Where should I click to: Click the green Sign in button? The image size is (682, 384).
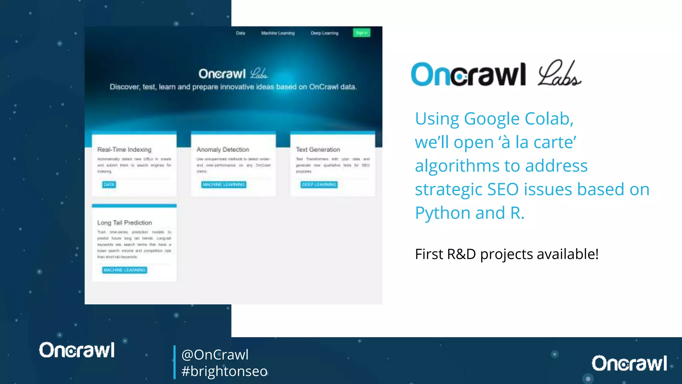click(x=361, y=33)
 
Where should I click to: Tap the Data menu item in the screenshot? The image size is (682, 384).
click(x=240, y=33)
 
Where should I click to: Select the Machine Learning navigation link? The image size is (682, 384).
click(x=278, y=33)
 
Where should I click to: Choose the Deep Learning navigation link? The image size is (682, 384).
click(x=324, y=33)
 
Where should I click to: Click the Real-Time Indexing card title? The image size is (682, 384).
click(x=124, y=150)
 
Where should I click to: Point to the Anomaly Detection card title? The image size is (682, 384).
click(x=223, y=150)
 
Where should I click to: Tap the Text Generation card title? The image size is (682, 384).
click(x=318, y=150)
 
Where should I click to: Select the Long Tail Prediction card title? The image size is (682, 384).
click(x=125, y=223)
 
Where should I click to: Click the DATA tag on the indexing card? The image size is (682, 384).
click(x=109, y=184)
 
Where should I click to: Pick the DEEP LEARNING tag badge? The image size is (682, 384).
click(x=319, y=184)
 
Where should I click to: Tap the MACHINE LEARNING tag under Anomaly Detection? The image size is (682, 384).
click(x=224, y=184)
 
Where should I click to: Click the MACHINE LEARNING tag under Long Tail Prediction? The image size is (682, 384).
click(x=125, y=270)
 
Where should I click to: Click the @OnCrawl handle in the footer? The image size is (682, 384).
click(x=215, y=355)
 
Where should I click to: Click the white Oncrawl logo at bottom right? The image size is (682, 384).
click(x=629, y=363)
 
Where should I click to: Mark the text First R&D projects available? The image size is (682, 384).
click(x=507, y=254)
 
